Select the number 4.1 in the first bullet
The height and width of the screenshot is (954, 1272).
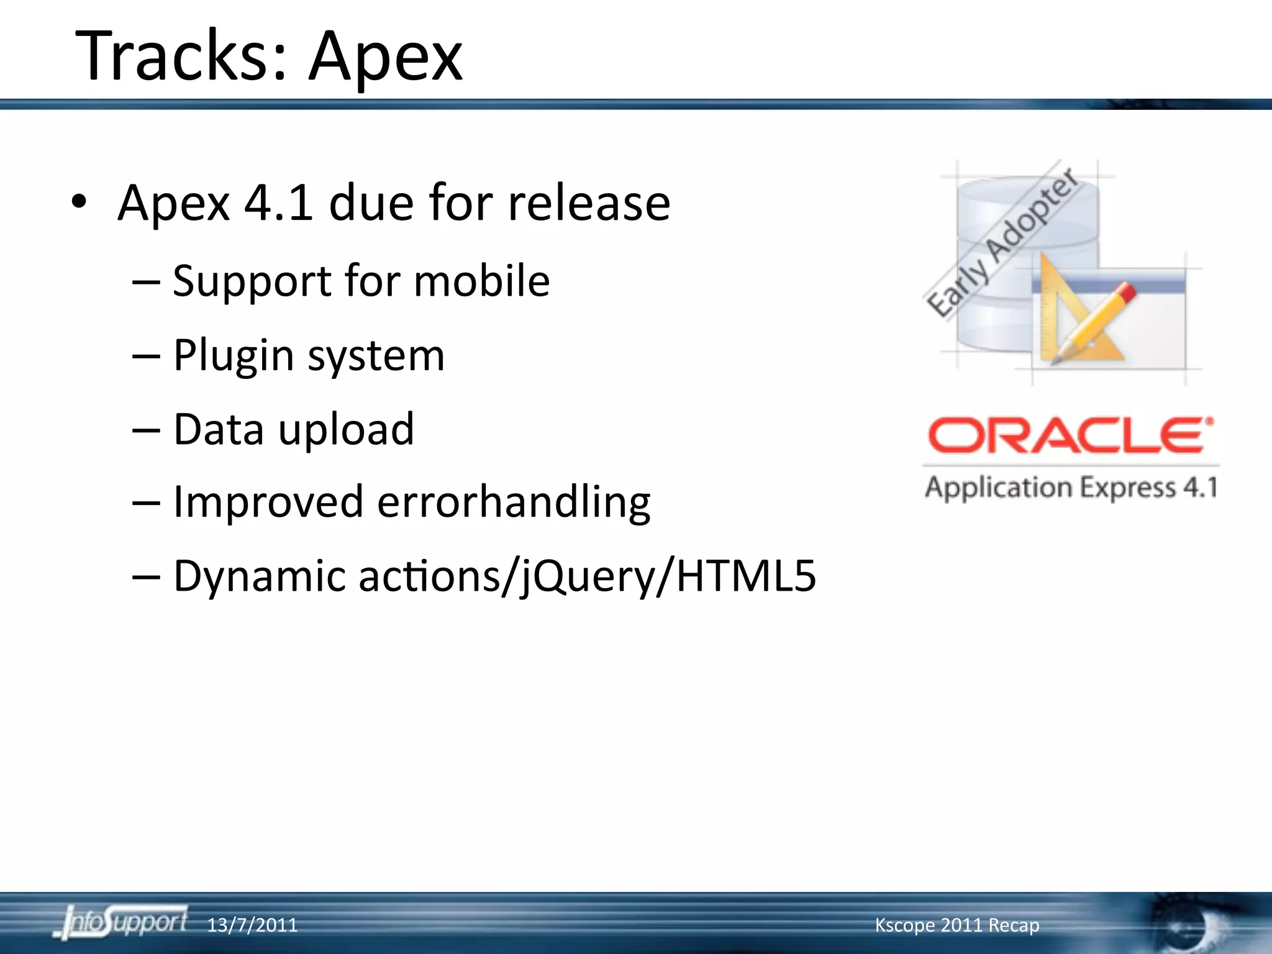tap(278, 203)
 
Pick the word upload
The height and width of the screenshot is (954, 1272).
tap(345, 430)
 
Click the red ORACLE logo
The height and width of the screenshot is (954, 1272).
tap(1070, 435)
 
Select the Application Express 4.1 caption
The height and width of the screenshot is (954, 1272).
tap(1071, 488)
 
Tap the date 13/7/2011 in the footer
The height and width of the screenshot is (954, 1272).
tap(252, 925)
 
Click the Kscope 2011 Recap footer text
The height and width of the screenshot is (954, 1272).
tap(956, 925)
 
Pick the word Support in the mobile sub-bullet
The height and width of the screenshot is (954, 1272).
tap(251, 282)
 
